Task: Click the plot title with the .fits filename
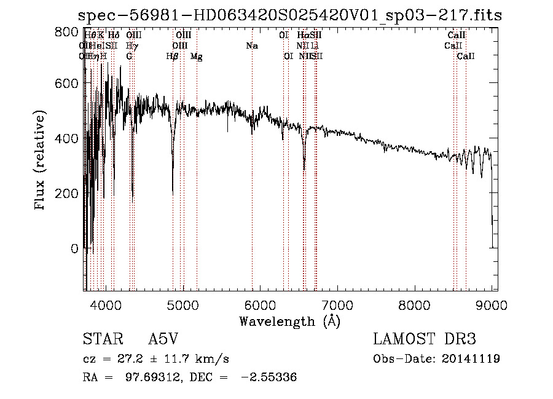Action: click(x=291, y=15)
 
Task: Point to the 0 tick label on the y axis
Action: click(x=74, y=248)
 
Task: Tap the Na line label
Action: click(x=251, y=45)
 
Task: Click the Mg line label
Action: click(x=196, y=57)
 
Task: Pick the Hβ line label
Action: click(x=173, y=57)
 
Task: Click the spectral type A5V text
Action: click(x=163, y=339)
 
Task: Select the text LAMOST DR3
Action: click(x=425, y=339)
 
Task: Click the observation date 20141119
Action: click(x=470, y=358)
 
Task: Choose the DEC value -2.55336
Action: click(x=269, y=377)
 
